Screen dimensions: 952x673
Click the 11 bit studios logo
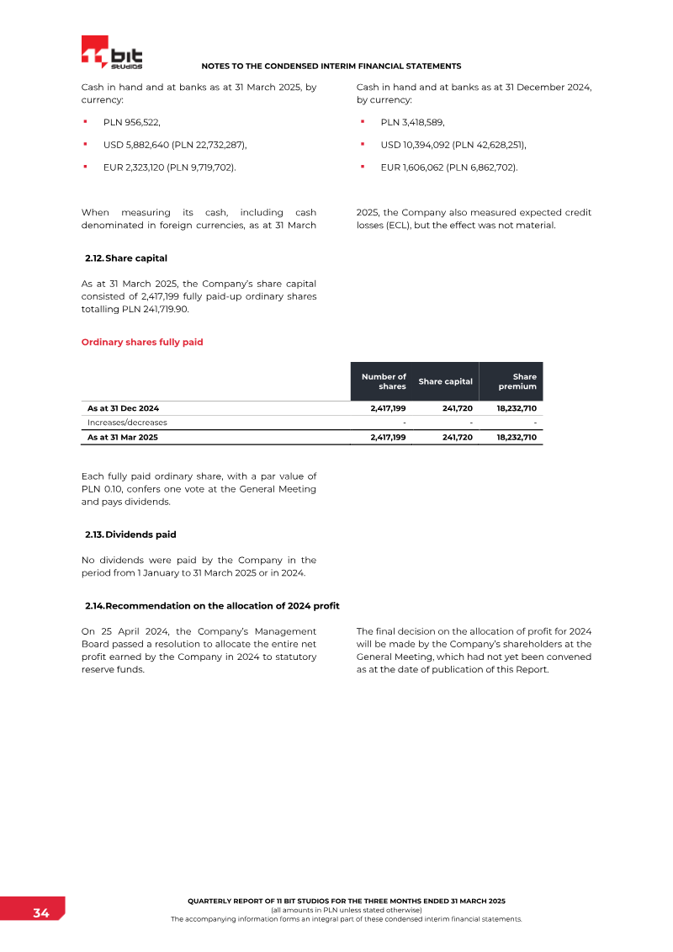(x=113, y=53)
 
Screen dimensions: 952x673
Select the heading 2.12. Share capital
(x=132, y=258)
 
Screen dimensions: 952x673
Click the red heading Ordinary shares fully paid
(x=141, y=343)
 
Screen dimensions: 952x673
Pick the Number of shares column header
(x=384, y=381)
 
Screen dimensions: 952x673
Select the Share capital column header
(x=445, y=381)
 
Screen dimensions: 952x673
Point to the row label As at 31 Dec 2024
(x=123, y=408)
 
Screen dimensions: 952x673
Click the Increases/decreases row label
(x=127, y=423)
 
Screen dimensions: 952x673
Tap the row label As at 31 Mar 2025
(x=123, y=438)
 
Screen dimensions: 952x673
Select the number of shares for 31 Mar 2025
(x=388, y=438)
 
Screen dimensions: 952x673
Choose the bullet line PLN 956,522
(x=131, y=122)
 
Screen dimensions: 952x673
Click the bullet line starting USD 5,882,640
(x=175, y=145)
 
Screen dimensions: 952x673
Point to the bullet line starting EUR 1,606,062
(x=448, y=168)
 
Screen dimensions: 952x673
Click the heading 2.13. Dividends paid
(x=130, y=535)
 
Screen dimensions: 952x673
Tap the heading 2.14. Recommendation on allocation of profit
(x=212, y=606)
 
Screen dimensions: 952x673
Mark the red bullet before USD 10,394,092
(x=363, y=144)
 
